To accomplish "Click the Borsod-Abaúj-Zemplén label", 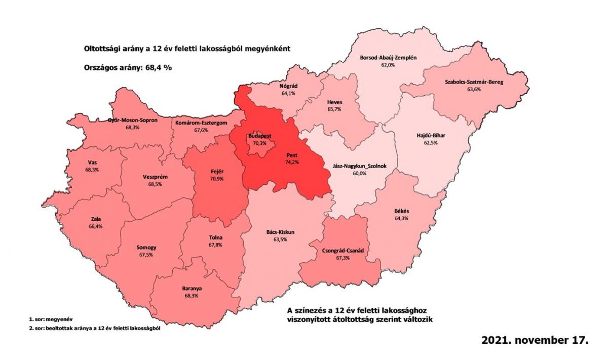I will tap(388, 58).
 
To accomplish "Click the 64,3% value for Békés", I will tap(401, 218).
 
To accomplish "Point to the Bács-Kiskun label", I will tap(280, 232).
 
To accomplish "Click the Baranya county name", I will tap(192, 289).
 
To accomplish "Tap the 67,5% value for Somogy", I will tap(146, 255).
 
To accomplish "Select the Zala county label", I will tap(95, 219).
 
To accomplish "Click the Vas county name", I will tap(92, 163).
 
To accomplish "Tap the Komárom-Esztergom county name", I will tap(201, 123).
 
